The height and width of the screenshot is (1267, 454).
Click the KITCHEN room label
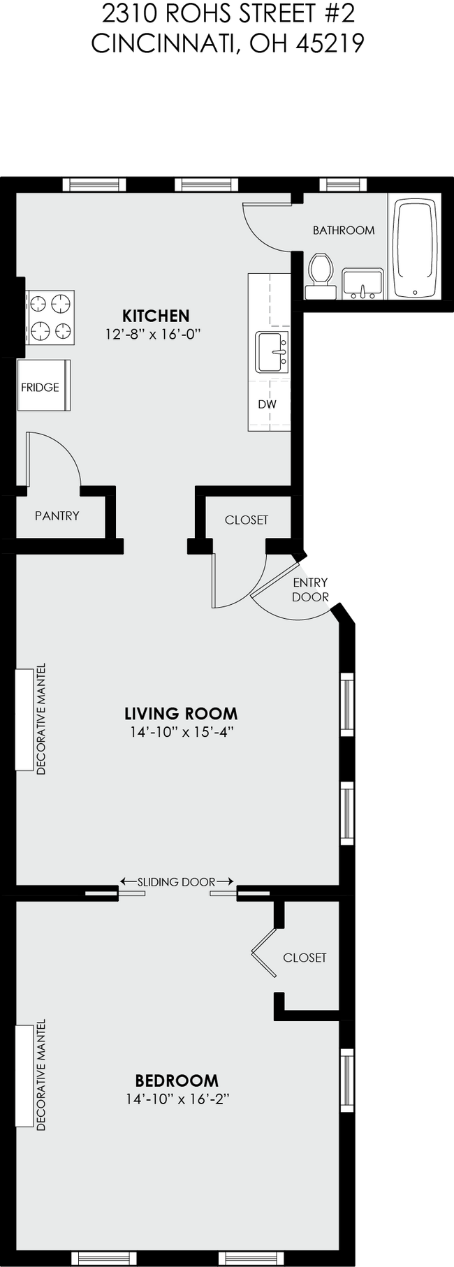tap(156, 316)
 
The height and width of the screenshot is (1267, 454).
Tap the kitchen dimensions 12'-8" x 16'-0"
tap(153, 335)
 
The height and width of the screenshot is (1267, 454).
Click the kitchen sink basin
tap(272, 352)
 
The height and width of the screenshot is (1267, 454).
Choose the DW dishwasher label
tap(266, 404)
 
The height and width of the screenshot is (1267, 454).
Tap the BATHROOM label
tap(343, 230)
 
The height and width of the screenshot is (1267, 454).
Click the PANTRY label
tap(57, 516)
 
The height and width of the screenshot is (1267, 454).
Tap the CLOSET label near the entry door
tap(246, 520)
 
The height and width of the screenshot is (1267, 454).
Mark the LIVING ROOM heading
tap(181, 713)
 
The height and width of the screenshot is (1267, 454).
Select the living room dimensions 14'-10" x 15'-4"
tap(181, 732)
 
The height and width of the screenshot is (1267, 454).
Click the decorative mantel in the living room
tap(25, 720)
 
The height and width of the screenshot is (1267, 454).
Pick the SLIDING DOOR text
tap(176, 882)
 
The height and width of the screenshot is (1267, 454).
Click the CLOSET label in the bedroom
tap(305, 958)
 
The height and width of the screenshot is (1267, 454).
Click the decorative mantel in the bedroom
tap(25, 1076)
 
